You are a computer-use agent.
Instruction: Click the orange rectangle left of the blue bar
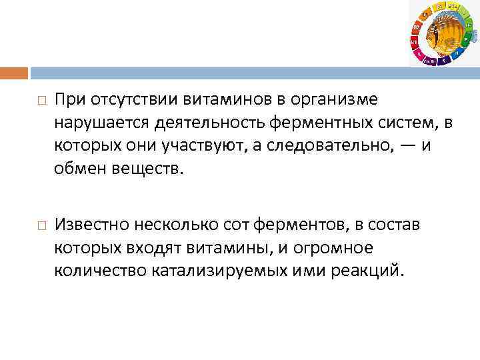coord(14,73)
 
